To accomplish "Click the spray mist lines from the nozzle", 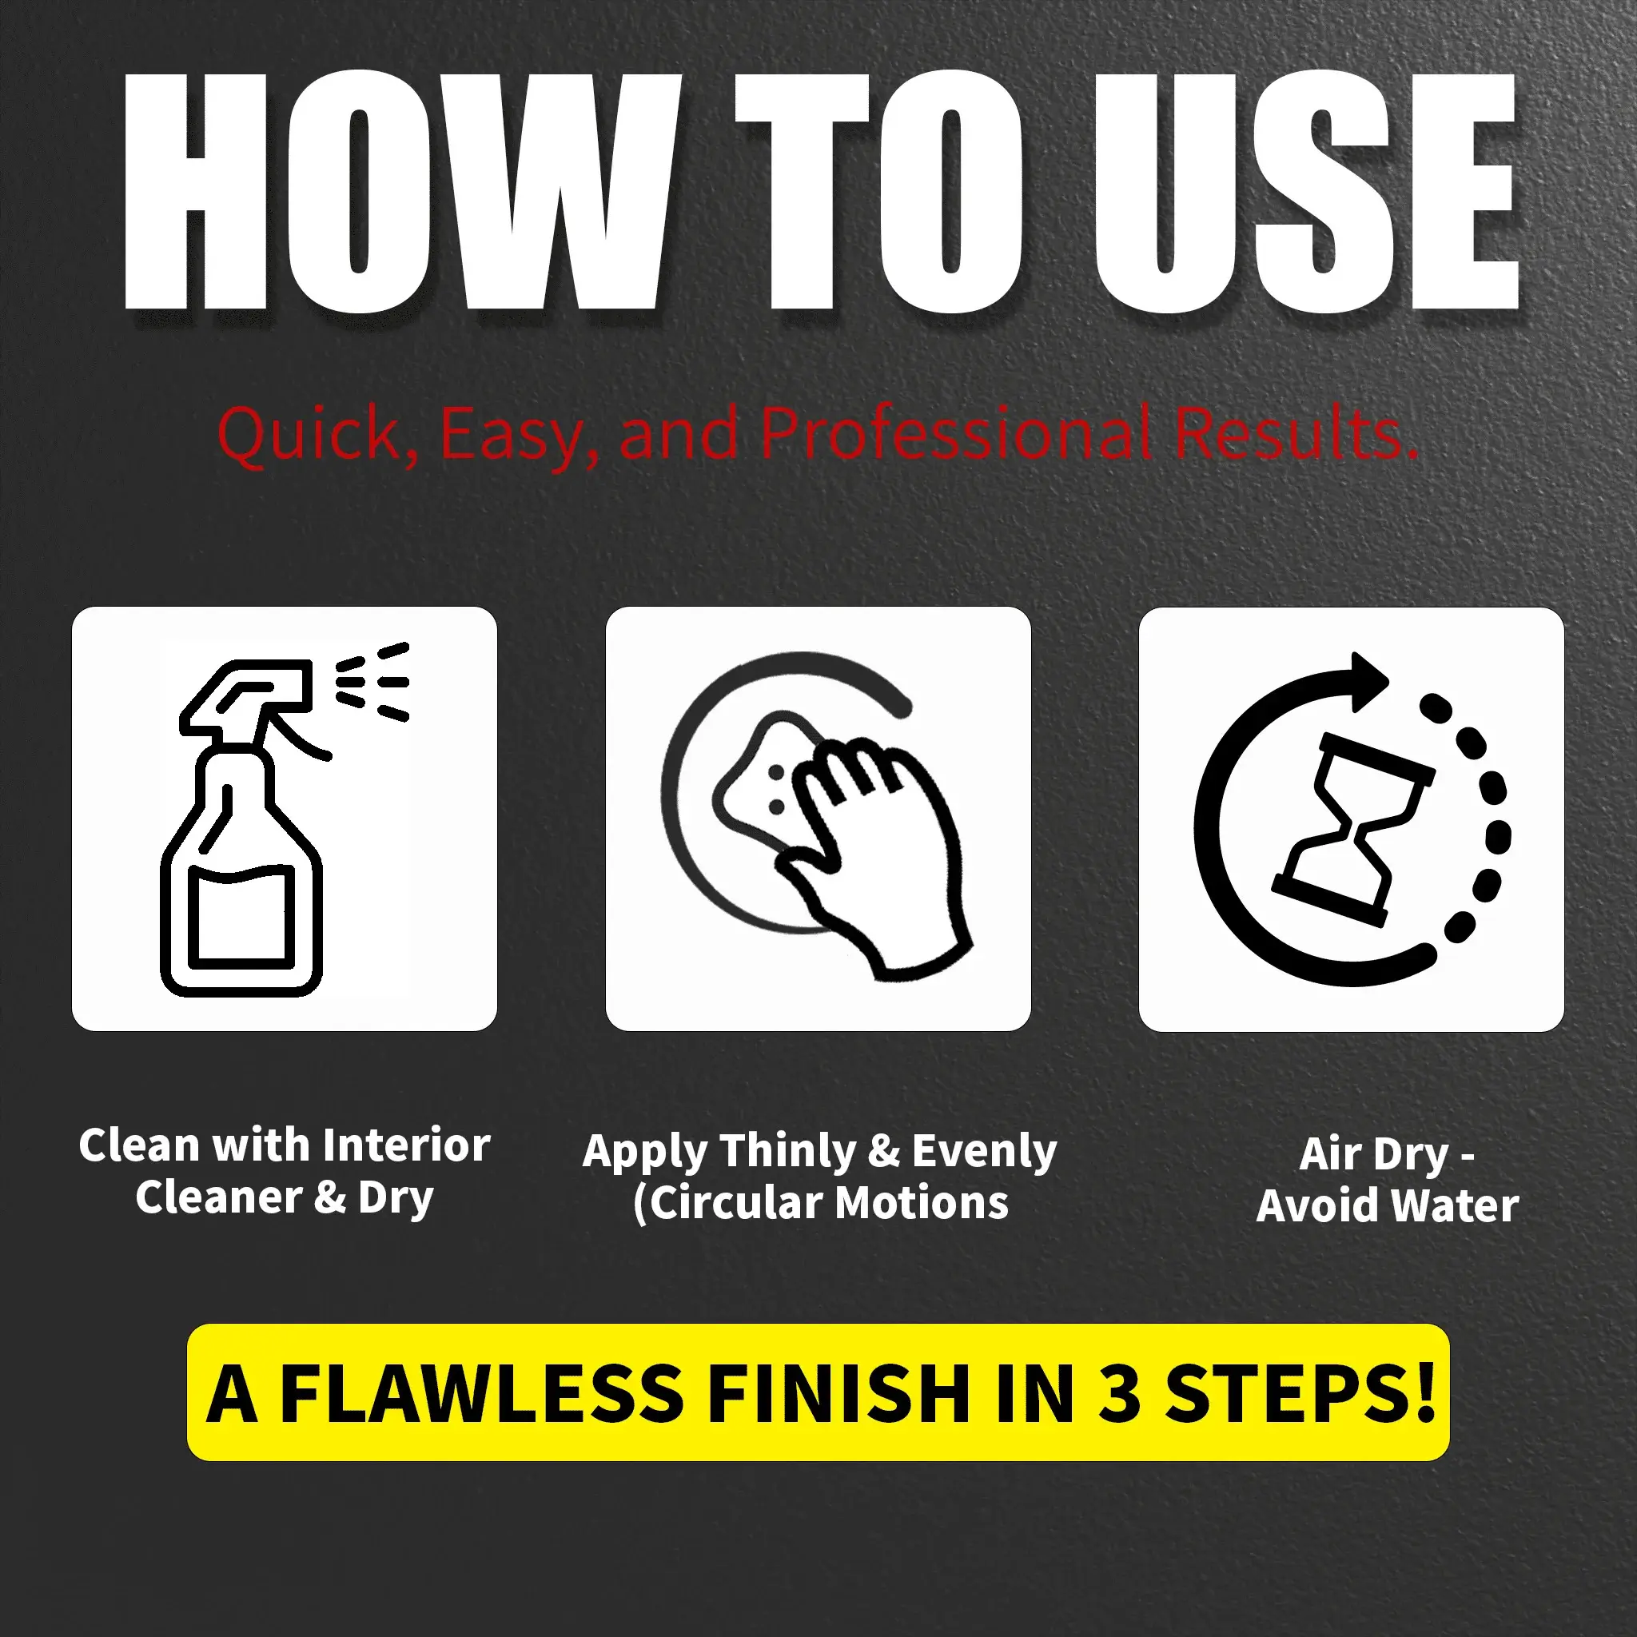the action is (x=372, y=681).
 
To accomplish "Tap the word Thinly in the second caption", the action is (x=789, y=1153).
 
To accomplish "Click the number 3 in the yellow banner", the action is (x=1119, y=1394).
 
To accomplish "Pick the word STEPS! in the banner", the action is (x=1300, y=1394).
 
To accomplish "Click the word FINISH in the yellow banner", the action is (x=838, y=1394).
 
